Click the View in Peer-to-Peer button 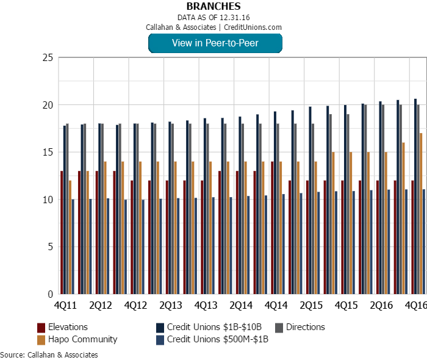215,43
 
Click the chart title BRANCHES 213,6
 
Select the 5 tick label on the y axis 50,247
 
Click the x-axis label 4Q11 65,304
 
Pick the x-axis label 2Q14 242,304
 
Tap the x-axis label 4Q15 346,304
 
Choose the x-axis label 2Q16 381,304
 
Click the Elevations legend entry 68,327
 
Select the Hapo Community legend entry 82,339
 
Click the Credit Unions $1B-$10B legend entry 214,327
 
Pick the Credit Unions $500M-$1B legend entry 217,339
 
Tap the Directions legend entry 305,327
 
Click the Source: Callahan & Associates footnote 49,355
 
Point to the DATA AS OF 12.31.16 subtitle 213,17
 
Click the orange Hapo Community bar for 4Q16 421,214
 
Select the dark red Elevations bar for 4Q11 62,232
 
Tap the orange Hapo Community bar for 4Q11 70,237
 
